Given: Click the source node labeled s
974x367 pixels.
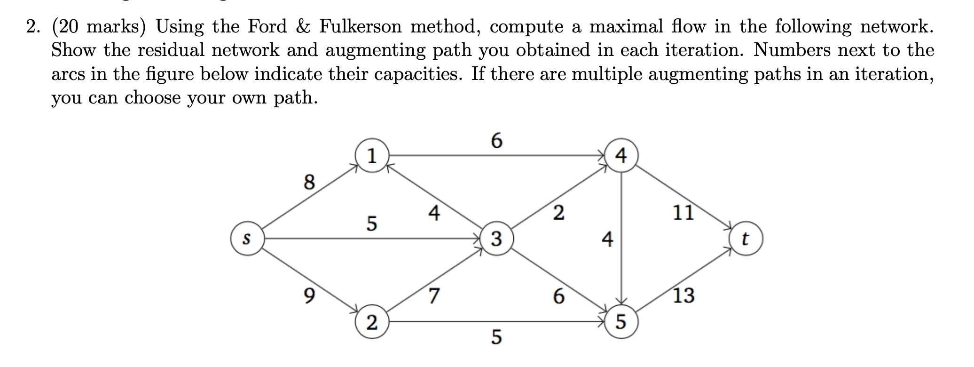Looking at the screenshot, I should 246,239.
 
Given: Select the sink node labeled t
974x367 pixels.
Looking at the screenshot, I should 745,239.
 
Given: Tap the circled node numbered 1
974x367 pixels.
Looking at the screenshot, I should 372,156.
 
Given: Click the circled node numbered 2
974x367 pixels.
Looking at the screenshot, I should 372,323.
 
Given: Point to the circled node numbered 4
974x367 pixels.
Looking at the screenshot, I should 621,156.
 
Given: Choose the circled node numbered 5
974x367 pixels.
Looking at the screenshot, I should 621,323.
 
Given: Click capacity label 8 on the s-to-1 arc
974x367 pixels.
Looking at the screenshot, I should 308,182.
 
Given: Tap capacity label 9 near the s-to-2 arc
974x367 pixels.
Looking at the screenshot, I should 308,295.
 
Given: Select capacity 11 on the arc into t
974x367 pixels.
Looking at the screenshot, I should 683,213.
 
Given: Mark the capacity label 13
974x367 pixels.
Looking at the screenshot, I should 683,295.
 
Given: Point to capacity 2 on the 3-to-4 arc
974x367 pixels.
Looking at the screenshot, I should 558,213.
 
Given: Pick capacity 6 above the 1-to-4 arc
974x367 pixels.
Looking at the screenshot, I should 496,140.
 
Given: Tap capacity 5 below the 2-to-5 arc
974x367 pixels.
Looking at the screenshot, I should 496,337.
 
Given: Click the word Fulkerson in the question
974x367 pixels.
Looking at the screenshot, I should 360,26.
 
